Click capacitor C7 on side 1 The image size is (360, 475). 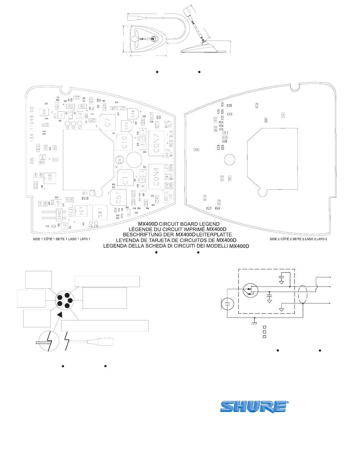click(108, 122)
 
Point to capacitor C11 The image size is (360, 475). click(126, 178)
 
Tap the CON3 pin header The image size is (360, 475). click(59, 215)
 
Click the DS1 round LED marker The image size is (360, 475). click(119, 160)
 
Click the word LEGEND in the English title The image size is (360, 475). click(213, 224)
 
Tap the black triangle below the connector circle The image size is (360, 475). click(59, 315)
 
